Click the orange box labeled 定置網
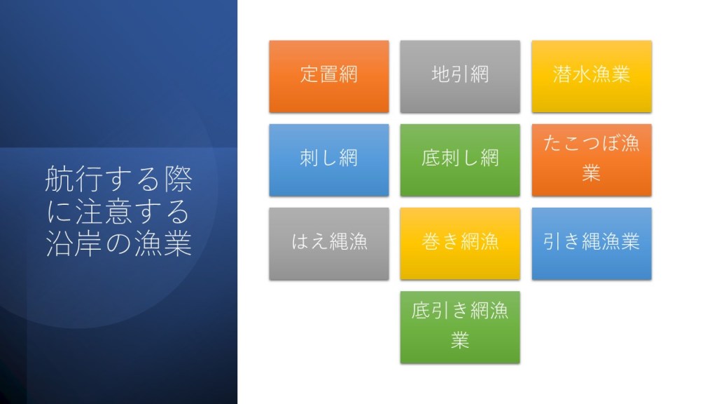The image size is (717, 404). tap(329, 76)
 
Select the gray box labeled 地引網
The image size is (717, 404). tap(460, 76)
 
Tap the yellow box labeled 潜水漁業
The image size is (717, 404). tap(592, 76)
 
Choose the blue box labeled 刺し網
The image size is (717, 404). tap(329, 161)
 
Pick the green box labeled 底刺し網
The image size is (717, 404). tap(460, 161)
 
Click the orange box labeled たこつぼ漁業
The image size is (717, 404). tap(592, 161)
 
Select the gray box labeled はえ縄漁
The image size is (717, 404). tap(329, 243)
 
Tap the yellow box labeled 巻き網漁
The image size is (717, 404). tap(460, 243)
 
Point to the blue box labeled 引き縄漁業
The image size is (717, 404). tap(592, 243)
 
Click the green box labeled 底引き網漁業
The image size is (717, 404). tap(460, 328)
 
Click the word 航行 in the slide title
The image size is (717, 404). tap(74, 179)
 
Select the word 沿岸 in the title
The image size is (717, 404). tap(74, 243)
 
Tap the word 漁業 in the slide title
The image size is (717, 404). tap(162, 243)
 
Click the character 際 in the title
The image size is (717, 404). tap(178, 179)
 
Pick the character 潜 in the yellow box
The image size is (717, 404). tap(562, 74)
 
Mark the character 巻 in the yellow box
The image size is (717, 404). tap(431, 241)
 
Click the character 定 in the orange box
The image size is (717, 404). tap(309, 74)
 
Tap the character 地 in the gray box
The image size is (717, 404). tap(441, 74)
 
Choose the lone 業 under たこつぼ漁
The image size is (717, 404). tap(591, 173)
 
